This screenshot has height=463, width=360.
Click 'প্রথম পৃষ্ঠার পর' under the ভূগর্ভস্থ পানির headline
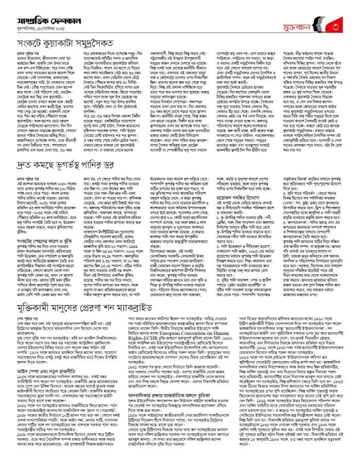click(x=25, y=176)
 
